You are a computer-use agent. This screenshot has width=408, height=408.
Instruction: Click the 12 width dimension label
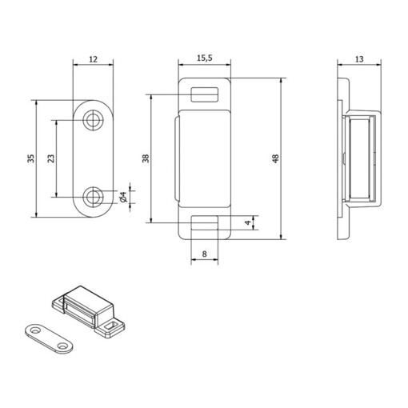point(93,59)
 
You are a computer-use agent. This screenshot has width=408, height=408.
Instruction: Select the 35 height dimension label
point(31,158)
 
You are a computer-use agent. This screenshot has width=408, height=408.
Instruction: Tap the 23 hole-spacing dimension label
point(50,158)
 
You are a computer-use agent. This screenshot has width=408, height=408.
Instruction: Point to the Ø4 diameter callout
point(123,197)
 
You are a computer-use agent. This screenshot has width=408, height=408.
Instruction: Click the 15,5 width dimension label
point(205,58)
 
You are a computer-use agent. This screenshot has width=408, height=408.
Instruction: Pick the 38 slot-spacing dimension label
point(146,158)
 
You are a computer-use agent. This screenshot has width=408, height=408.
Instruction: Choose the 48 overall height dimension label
point(275,158)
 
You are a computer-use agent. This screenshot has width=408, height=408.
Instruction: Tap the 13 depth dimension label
point(359,59)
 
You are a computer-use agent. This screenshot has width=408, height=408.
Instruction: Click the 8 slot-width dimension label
point(204,254)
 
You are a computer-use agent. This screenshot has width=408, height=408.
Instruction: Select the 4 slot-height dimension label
point(248,222)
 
